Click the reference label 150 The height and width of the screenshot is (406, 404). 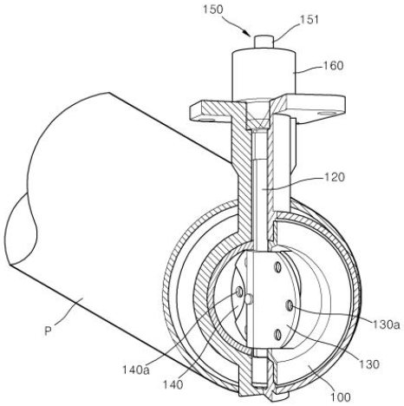click(x=213, y=10)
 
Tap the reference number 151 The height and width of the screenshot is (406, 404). click(x=310, y=20)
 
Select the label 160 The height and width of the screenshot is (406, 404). click(x=333, y=66)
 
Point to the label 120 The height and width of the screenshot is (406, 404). click(x=335, y=177)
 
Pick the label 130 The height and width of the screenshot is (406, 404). click(x=369, y=363)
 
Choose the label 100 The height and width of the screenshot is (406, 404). click(x=340, y=396)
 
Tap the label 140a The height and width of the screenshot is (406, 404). click(x=136, y=370)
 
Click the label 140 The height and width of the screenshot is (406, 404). click(x=173, y=384)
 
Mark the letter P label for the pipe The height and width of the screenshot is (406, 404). click(x=48, y=331)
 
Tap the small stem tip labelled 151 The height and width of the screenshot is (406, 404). click(x=264, y=42)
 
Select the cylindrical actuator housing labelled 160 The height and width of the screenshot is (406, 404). click(x=264, y=75)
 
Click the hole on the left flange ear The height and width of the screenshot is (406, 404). click(x=205, y=119)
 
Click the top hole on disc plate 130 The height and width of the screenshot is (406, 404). click(x=278, y=266)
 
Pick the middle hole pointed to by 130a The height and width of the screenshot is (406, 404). click(x=290, y=305)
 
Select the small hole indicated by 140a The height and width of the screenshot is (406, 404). click(x=239, y=291)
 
